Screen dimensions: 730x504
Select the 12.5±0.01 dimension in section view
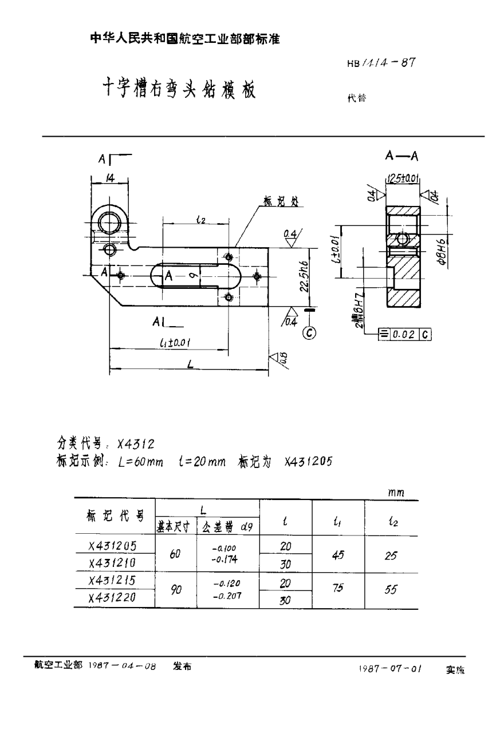404,178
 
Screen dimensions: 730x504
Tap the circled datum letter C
309,332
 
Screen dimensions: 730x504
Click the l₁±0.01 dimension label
175,342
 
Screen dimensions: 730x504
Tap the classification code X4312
136,443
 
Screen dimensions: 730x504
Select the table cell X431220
113,598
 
